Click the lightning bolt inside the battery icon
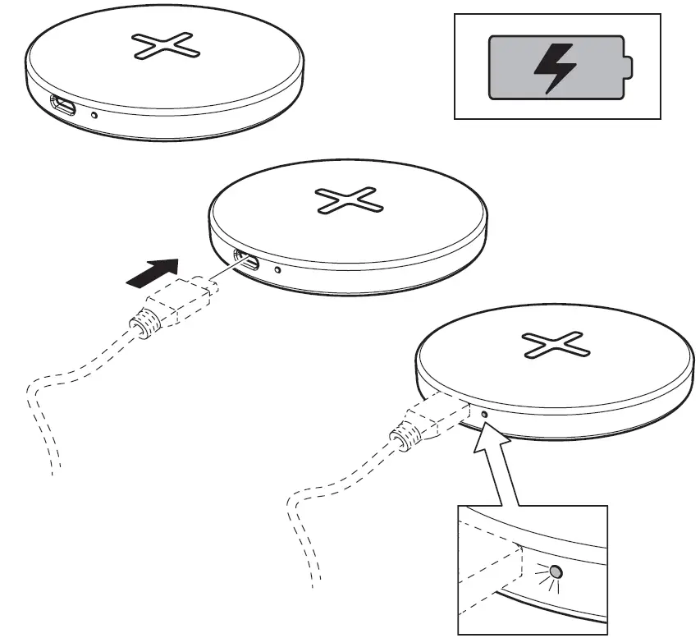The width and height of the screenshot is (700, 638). pyautogui.click(x=556, y=67)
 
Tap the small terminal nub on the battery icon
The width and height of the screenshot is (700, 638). pyautogui.click(x=628, y=67)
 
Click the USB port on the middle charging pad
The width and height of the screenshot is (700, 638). pyautogui.click(x=246, y=262)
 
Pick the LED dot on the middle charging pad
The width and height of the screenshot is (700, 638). pyautogui.click(x=278, y=269)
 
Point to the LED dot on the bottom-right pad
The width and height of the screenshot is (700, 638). pyautogui.click(x=484, y=415)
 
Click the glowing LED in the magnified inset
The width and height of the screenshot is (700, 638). pyautogui.click(x=556, y=571)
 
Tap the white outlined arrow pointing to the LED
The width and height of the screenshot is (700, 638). pyautogui.click(x=502, y=468)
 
